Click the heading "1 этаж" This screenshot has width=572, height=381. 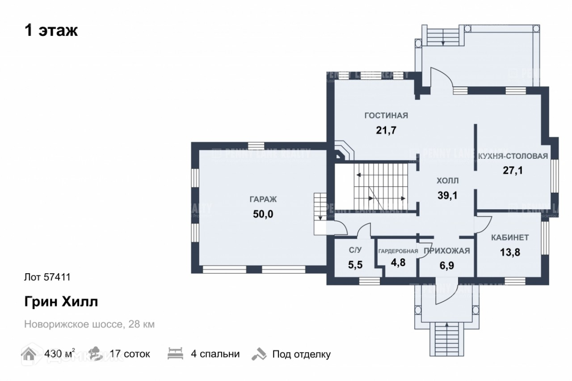click(51, 31)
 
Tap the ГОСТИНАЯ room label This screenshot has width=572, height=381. click(386, 116)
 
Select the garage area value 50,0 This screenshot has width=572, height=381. click(263, 214)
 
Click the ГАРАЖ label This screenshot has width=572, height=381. click(263, 200)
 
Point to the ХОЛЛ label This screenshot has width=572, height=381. click(447, 181)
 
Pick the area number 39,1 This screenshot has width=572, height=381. click(447, 195)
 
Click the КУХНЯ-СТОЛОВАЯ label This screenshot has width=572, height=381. click(513, 156)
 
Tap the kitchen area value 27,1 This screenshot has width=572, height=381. click(513, 170)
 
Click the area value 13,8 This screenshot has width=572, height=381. click(510, 252)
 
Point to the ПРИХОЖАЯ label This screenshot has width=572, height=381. click(446, 251)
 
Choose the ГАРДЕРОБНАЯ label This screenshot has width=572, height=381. click(398, 251)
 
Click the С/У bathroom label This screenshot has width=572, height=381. click(355, 250)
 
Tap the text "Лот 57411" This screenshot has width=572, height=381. click(47, 277)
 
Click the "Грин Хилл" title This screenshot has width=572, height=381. click(61, 302)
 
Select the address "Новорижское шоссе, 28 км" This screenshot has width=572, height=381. click(89, 324)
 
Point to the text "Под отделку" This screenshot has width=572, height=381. click(302, 355)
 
